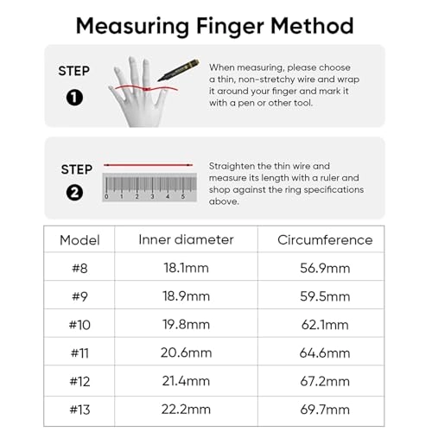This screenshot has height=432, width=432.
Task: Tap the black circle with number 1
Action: (74, 97)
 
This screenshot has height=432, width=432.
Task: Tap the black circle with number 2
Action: (74, 194)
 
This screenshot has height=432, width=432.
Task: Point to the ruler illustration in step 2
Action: (148, 187)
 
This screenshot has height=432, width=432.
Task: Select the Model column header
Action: (79, 240)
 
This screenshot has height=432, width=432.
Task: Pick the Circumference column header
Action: (326, 240)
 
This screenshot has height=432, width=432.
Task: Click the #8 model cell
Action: (79, 269)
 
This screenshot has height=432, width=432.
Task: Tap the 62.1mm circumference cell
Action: (326, 325)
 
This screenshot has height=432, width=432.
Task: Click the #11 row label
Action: (79, 353)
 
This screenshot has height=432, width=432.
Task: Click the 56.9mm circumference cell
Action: (326, 269)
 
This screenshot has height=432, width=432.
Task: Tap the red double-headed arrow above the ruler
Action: (148, 165)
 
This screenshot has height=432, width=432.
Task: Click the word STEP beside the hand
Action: (74, 71)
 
